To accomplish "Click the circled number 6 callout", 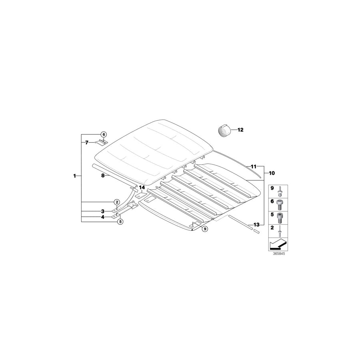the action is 104,134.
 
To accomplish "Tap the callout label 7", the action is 86,142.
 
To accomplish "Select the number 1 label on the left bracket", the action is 74,176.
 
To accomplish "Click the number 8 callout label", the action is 103,176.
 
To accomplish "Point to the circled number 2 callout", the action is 117,202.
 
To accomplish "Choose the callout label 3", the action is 103,211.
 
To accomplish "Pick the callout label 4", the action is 103,217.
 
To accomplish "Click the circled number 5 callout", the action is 120,222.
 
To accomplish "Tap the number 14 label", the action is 142,188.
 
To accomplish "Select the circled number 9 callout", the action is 205,229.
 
